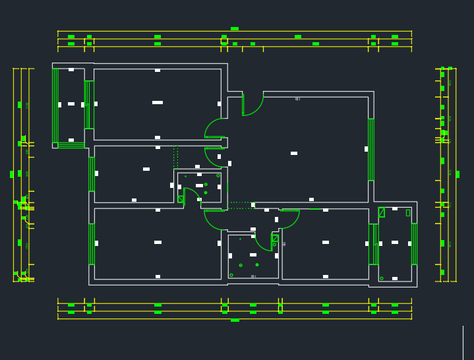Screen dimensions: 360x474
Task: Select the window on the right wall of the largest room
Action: [x=370, y=150]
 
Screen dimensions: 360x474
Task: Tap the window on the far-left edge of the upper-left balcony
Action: [x=55, y=105]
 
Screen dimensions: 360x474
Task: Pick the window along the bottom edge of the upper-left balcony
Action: [x=71, y=145]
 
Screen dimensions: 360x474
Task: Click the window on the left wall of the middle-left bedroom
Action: [x=91, y=173]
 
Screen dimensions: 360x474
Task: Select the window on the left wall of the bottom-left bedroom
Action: [x=91, y=244]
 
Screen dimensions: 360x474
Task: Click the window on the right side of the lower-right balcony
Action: [x=414, y=243]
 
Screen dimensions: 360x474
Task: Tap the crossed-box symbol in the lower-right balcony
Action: [x=381, y=212]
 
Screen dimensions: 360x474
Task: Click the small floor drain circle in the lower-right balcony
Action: [x=381, y=278]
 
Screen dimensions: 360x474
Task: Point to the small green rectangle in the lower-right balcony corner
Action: [x=407, y=212]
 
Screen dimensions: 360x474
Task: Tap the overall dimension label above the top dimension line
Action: [x=235, y=29]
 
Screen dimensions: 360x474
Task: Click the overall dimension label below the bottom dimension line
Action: [x=235, y=320]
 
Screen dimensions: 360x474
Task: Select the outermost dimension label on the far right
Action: [x=458, y=174]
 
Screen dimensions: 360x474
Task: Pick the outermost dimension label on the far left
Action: [x=12, y=174]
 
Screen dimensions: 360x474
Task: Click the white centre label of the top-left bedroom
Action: [x=158, y=102]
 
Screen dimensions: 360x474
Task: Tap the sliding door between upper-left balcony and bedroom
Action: [x=89, y=104]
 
